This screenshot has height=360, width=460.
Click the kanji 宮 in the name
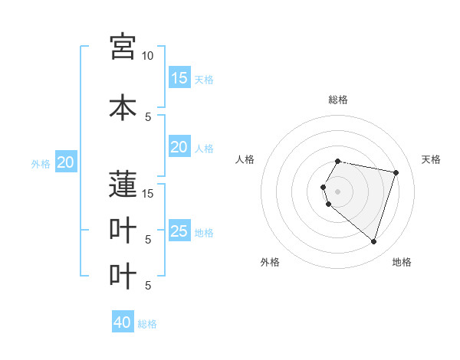pyautogui.click(x=123, y=47)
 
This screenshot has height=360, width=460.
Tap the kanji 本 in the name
pyautogui.click(x=123, y=107)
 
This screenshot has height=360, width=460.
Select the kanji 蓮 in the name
pyautogui.click(x=123, y=185)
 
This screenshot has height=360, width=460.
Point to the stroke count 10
pyautogui.click(x=147, y=56)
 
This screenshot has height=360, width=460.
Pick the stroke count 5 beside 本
pyautogui.click(x=147, y=116)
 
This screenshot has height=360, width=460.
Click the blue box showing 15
pyautogui.click(x=179, y=78)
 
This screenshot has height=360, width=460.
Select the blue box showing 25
pyautogui.click(x=179, y=231)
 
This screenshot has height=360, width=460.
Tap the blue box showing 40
pyautogui.click(x=123, y=322)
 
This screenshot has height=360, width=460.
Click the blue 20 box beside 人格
pyautogui.click(x=179, y=147)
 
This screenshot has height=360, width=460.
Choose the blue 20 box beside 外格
pyautogui.click(x=66, y=162)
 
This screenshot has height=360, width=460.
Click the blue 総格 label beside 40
pyautogui.click(x=147, y=324)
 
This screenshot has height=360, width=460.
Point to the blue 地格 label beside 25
pyautogui.click(x=204, y=232)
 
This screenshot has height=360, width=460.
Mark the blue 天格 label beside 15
pyautogui.click(x=204, y=79)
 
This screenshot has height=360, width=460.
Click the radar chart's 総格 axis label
pyautogui.click(x=337, y=100)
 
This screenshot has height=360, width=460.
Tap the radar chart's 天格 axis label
pyautogui.click(x=431, y=159)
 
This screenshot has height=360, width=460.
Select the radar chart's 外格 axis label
pyautogui.click(x=270, y=262)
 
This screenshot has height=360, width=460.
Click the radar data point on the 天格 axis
pyautogui.click(x=396, y=172)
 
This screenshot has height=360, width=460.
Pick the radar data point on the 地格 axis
pyautogui.click(x=373, y=242)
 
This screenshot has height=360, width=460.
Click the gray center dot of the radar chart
pyautogui.click(x=337, y=191)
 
